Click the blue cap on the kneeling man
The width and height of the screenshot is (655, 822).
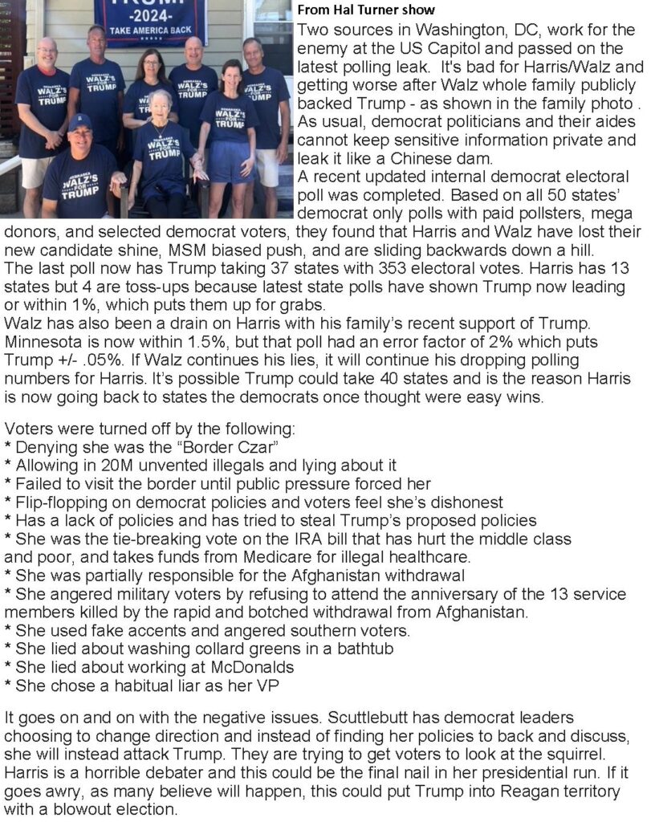pos(79,121)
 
